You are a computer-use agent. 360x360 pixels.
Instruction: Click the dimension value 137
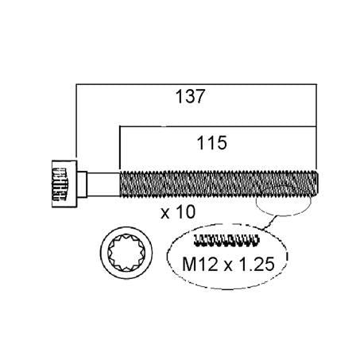[190, 97]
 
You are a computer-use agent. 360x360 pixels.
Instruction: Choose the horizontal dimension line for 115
[219, 125]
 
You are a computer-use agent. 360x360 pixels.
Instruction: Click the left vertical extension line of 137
[75, 119]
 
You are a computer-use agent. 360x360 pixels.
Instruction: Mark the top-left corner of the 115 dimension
[118, 125]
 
